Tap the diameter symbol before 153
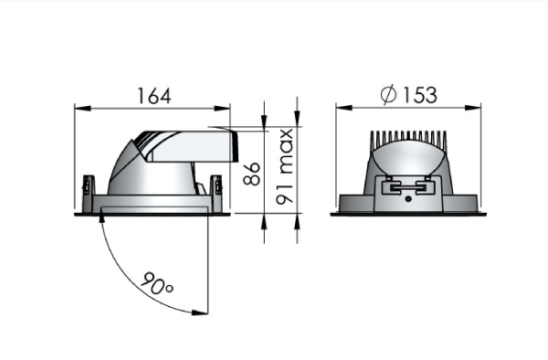387,94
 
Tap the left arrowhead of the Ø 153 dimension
341,108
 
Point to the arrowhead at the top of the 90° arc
100,222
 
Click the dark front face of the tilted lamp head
234,143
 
